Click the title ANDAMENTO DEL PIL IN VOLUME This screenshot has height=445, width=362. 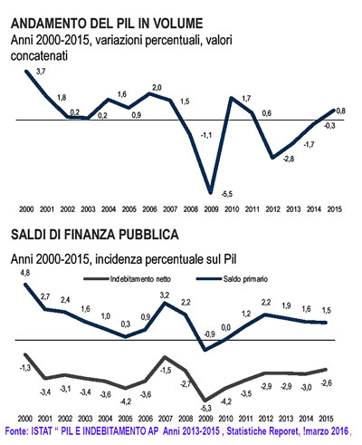point(107,24)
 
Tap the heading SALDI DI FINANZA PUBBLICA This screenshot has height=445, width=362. point(95,235)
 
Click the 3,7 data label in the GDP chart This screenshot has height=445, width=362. point(41,72)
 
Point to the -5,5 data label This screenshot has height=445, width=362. point(226,194)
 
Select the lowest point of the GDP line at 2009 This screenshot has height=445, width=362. point(211,192)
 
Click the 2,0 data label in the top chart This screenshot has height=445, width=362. point(157,88)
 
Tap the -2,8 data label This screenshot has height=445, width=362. point(289,159)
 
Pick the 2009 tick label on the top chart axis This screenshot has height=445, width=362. point(211,209)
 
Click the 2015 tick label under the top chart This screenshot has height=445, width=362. point(335,209)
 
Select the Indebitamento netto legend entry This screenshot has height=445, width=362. point(128,279)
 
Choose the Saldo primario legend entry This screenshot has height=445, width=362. point(232,279)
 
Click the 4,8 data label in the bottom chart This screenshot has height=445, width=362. point(25,273)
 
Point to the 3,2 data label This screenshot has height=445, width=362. point(165,295)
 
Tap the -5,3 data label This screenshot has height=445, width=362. point(205,409)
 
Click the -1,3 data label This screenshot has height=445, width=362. point(24,368)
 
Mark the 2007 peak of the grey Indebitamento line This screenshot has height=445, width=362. point(165,357)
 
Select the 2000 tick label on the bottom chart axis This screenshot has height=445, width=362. point(25,419)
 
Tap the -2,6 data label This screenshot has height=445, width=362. point(326,383)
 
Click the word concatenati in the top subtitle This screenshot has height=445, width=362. point(39,56)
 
